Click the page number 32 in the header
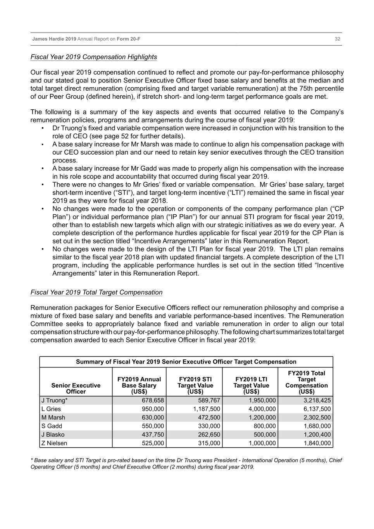coord(337,39)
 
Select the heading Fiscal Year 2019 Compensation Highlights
coord(94,57)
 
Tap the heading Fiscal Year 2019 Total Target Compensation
coord(97,292)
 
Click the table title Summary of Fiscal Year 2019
coord(186,362)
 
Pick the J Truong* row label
coord(54,400)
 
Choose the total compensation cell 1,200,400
coord(317,434)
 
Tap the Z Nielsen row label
coord(54,443)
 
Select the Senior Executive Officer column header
coord(76,388)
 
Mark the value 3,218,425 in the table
coord(317,400)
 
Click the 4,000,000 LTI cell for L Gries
coord(262,409)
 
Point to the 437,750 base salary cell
coord(153,434)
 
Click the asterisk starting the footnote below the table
coord(32,460)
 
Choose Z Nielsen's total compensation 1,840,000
coord(317,443)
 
